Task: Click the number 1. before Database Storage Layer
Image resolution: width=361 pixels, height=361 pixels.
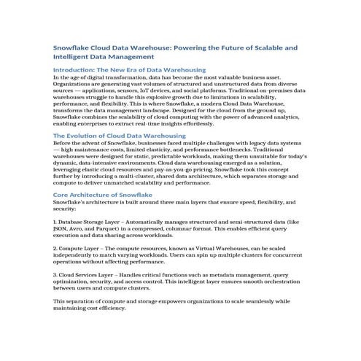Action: coord(56,220)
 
